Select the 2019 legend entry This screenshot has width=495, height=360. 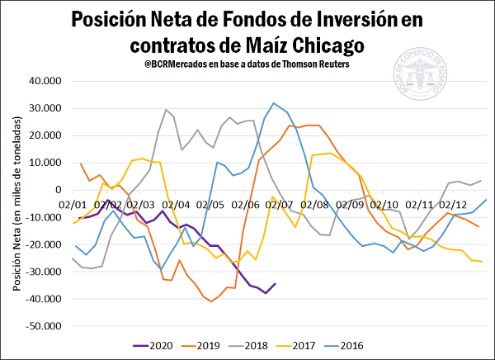pyautogui.click(x=210, y=345)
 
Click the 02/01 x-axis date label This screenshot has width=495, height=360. pyautogui.click(x=73, y=201)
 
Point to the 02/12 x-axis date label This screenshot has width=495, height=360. pyautogui.click(x=452, y=201)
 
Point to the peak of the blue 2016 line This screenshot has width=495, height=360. pyautogui.click(x=274, y=103)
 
